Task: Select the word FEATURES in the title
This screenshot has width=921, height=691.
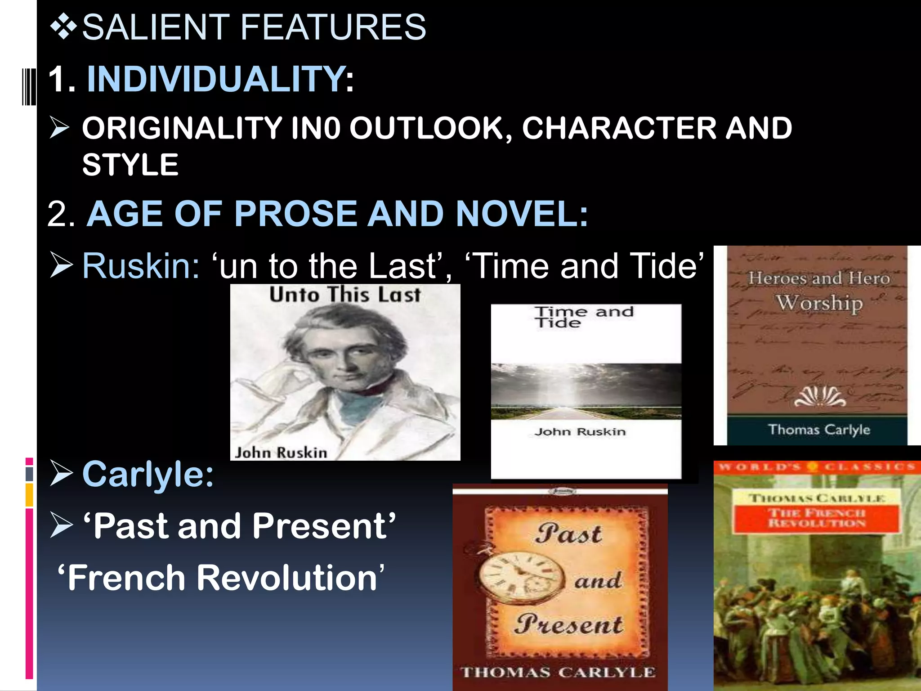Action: [333, 27]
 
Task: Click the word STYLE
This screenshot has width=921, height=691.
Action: [130, 165]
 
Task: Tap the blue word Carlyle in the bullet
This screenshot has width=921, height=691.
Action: [148, 474]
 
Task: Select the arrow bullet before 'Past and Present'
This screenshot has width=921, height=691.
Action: [61, 525]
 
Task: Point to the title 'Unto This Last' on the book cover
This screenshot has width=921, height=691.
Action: [345, 295]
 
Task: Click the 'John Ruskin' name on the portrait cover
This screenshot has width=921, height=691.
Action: [281, 452]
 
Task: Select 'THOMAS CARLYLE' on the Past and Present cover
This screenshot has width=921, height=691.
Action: [558, 672]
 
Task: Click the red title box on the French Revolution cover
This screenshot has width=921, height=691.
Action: [816, 518]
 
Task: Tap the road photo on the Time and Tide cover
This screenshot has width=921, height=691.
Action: [586, 391]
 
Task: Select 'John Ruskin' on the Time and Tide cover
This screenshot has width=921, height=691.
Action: [580, 432]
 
